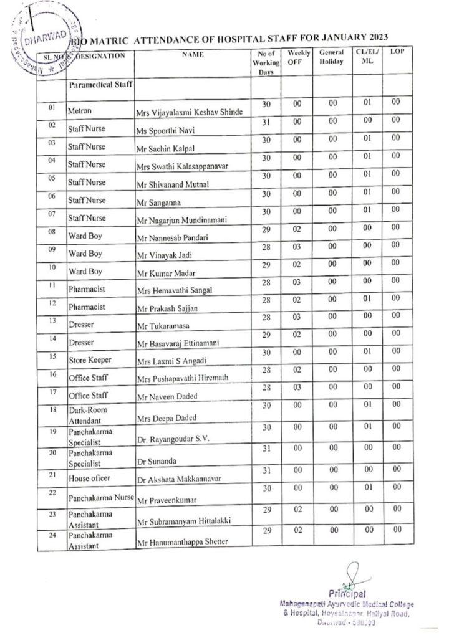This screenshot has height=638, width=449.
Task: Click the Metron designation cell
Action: pyautogui.click(x=80, y=112)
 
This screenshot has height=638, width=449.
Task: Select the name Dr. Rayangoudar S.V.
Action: pyautogui.click(x=171, y=440)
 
